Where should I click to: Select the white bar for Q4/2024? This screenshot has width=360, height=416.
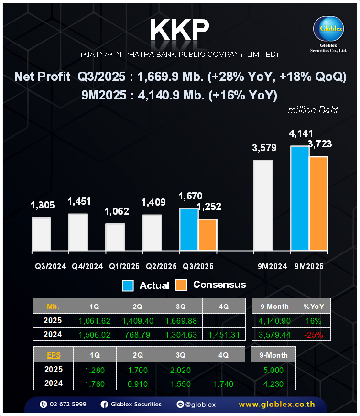[78, 232]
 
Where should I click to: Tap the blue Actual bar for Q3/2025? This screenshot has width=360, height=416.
[188, 230]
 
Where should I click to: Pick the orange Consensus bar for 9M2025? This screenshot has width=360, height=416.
[318, 203]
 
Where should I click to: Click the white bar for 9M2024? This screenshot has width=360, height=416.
[262, 205]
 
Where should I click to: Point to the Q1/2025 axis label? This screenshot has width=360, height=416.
[124, 266]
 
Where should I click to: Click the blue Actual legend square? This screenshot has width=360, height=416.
[128, 285]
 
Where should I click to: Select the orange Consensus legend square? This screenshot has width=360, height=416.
[181, 285]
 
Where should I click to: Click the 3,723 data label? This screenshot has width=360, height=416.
[319, 144]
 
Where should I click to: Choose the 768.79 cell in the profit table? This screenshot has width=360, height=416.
[137, 335]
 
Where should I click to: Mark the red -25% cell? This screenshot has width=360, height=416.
[314, 335]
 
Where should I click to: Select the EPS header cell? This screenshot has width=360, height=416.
[53, 355]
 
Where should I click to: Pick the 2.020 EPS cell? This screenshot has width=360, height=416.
[180, 370]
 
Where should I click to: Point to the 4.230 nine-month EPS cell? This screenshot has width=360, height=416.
[273, 383]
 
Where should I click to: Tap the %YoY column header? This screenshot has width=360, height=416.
[314, 306]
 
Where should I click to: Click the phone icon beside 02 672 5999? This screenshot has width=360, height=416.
[44, 404]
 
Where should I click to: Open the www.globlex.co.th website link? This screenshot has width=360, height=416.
[276, 405]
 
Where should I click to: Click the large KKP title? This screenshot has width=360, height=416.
[180, 31]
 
